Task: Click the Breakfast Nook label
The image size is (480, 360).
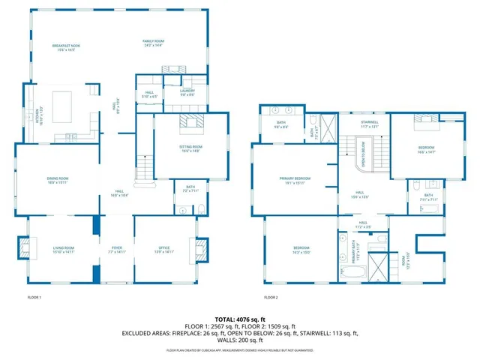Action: (66, 47)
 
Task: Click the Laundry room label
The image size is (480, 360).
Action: (187, 92)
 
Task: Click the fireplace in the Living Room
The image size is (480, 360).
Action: (25, 247)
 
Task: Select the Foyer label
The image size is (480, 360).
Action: (117, 249)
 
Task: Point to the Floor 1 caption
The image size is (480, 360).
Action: (34, 298)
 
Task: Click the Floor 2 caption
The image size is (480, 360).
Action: (271, 298)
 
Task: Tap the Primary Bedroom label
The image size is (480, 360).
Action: (295, 180)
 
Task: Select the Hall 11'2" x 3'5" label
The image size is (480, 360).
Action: (362, 224)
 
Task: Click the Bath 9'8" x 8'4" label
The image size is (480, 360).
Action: (281, 125)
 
